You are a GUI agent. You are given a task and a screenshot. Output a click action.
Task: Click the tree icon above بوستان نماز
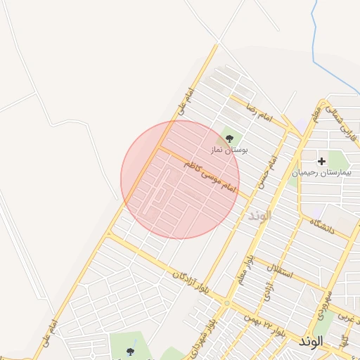(229, 139)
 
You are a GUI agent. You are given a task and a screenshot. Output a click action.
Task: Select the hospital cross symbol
(322, 162)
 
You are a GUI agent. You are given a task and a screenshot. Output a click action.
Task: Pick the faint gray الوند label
(259, 215)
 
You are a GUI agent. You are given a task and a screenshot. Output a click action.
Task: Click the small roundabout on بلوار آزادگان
(226, 302)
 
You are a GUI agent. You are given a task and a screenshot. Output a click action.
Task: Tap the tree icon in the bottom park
(129, 352)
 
